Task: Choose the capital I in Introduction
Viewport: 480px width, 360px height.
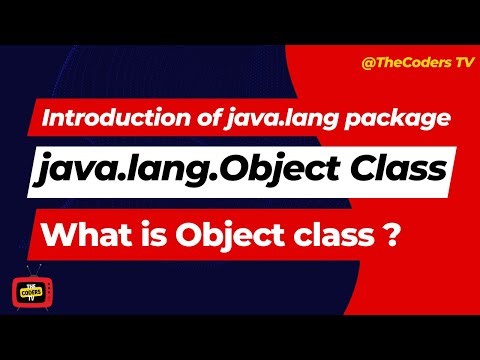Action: point(46,119)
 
